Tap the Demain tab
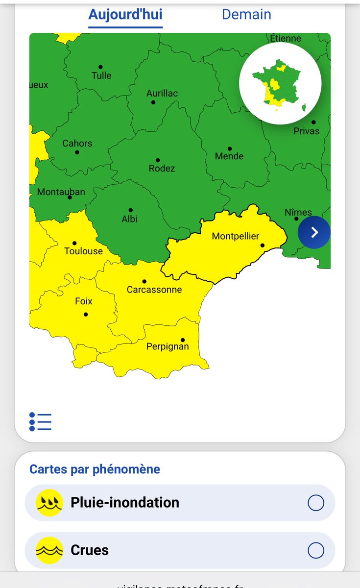click(x=246, y=14)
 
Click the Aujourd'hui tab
click(x=125, y=14)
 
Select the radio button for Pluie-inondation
click(x=316, y=503)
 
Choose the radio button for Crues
click(x=316, y=550)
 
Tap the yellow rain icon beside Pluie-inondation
click(x=49, y=503)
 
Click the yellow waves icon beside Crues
click(x=49, y=550)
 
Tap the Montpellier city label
click(x=236, y=236)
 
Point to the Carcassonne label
click(x=154, y=290)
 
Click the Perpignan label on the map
click(x=168, y=347)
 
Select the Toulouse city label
click(x=84, y=251)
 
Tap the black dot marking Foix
click(x=86, y=314)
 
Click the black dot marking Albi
click(x=130, y=210)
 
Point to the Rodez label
click(x=162, y=169)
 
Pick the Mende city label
click(x=229, y=157)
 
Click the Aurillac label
click(x=162, y=94)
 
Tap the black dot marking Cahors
click(x=77, y=152)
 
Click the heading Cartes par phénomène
click(x=95, y=469)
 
